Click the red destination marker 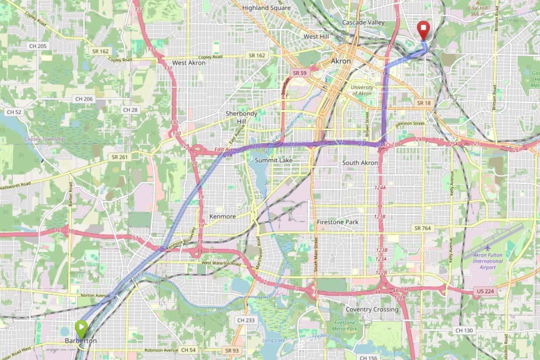click(x=423, y=29)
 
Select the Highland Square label click(x=266, y=8)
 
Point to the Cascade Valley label click(x=363, y=22)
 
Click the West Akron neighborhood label click(x=189, y=63)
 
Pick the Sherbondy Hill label click(x=241, y=117)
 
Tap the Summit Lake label click(x=274, y=160)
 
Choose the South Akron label click(x=360, y=162)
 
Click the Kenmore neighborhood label click(x=222, y=216)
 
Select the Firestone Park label click(x=337, y=222)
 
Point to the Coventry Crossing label click(x=372, y=310)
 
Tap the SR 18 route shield click(x=423, y=103)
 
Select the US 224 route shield click(x=484, y=292)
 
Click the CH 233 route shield click(x=246, y=320)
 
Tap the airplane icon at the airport click(x=488, y=248)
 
